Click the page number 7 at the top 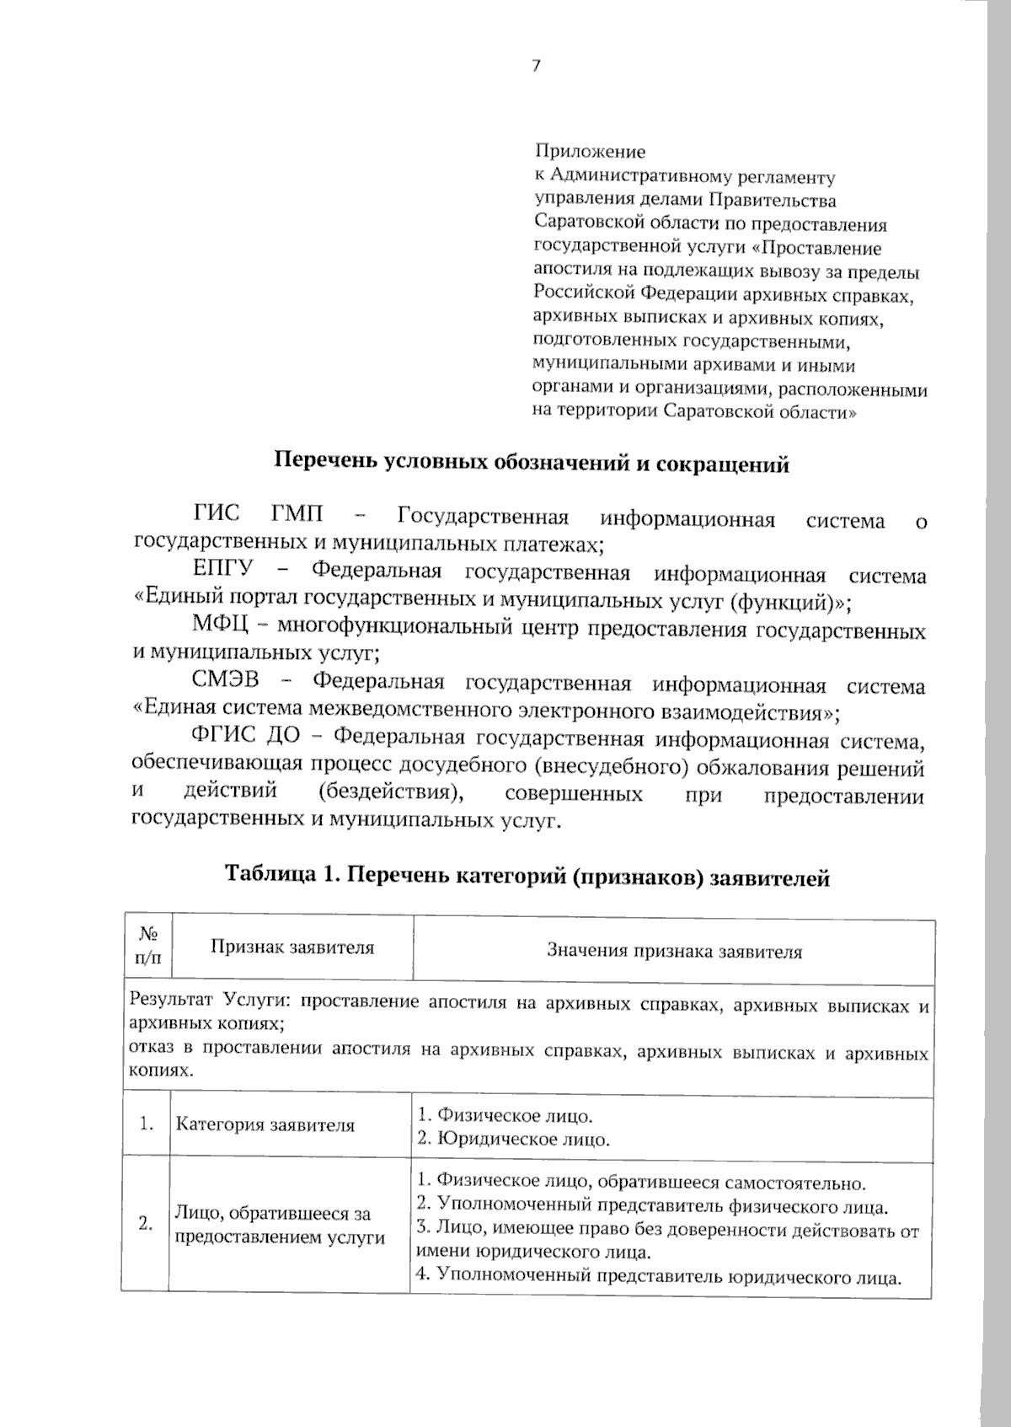536,67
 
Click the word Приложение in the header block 590,153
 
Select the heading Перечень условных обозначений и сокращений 532,464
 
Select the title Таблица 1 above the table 527,877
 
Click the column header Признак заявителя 292,947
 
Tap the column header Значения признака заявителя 674,952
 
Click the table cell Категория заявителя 265,1125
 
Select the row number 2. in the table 146,1225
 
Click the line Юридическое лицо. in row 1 514,1140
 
